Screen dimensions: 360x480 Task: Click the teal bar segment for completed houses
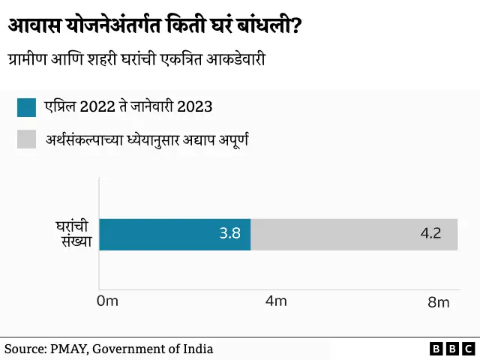(174, 234)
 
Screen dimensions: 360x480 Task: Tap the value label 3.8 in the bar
(229, 233)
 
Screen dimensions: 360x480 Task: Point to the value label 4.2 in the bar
(430, 233)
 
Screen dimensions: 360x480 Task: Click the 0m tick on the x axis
(108, 301)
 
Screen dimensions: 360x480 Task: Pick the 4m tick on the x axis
(277, 301)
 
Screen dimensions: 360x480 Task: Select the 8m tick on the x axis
(438, 302)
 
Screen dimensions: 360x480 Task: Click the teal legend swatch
(25, 107)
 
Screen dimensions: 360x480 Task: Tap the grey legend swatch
(25, 139)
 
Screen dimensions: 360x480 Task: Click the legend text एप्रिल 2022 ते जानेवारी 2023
(128, 107)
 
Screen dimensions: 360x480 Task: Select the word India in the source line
(196, 349)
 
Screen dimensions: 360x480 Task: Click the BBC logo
(451, 349)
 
